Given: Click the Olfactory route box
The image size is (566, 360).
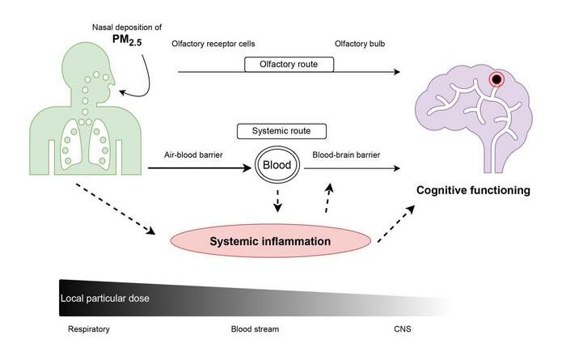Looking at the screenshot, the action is [289, 64].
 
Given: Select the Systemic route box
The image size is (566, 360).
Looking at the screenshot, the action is [281, 131].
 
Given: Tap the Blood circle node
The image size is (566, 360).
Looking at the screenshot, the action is [277, 165].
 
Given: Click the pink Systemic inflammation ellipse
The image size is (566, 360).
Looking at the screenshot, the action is [270, 241].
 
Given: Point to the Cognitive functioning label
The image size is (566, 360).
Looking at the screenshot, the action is [473, 190].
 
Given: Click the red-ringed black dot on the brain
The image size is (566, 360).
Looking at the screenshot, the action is [496, 78].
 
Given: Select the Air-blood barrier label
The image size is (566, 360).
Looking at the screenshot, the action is [193, 155].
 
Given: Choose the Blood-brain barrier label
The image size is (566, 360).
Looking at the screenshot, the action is [346, 155].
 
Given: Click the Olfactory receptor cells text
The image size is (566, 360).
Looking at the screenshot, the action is [213, 44].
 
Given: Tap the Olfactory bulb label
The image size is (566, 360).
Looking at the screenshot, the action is [360, 44].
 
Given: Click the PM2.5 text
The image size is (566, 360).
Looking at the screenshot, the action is [127, 40].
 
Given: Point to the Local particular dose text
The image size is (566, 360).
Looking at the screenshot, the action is [104, 299].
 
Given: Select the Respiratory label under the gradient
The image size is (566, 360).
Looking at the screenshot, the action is [89, 329].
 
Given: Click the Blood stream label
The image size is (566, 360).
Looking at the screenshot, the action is [255, 329].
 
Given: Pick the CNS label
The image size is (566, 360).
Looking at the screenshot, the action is [403, 329].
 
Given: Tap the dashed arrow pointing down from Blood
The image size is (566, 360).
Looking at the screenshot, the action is [277, 201].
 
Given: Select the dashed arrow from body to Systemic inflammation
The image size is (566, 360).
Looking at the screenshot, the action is [116, 209].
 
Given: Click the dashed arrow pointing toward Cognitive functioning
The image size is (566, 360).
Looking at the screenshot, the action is [396, 224].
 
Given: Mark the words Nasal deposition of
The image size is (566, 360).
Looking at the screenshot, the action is [127, 27].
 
